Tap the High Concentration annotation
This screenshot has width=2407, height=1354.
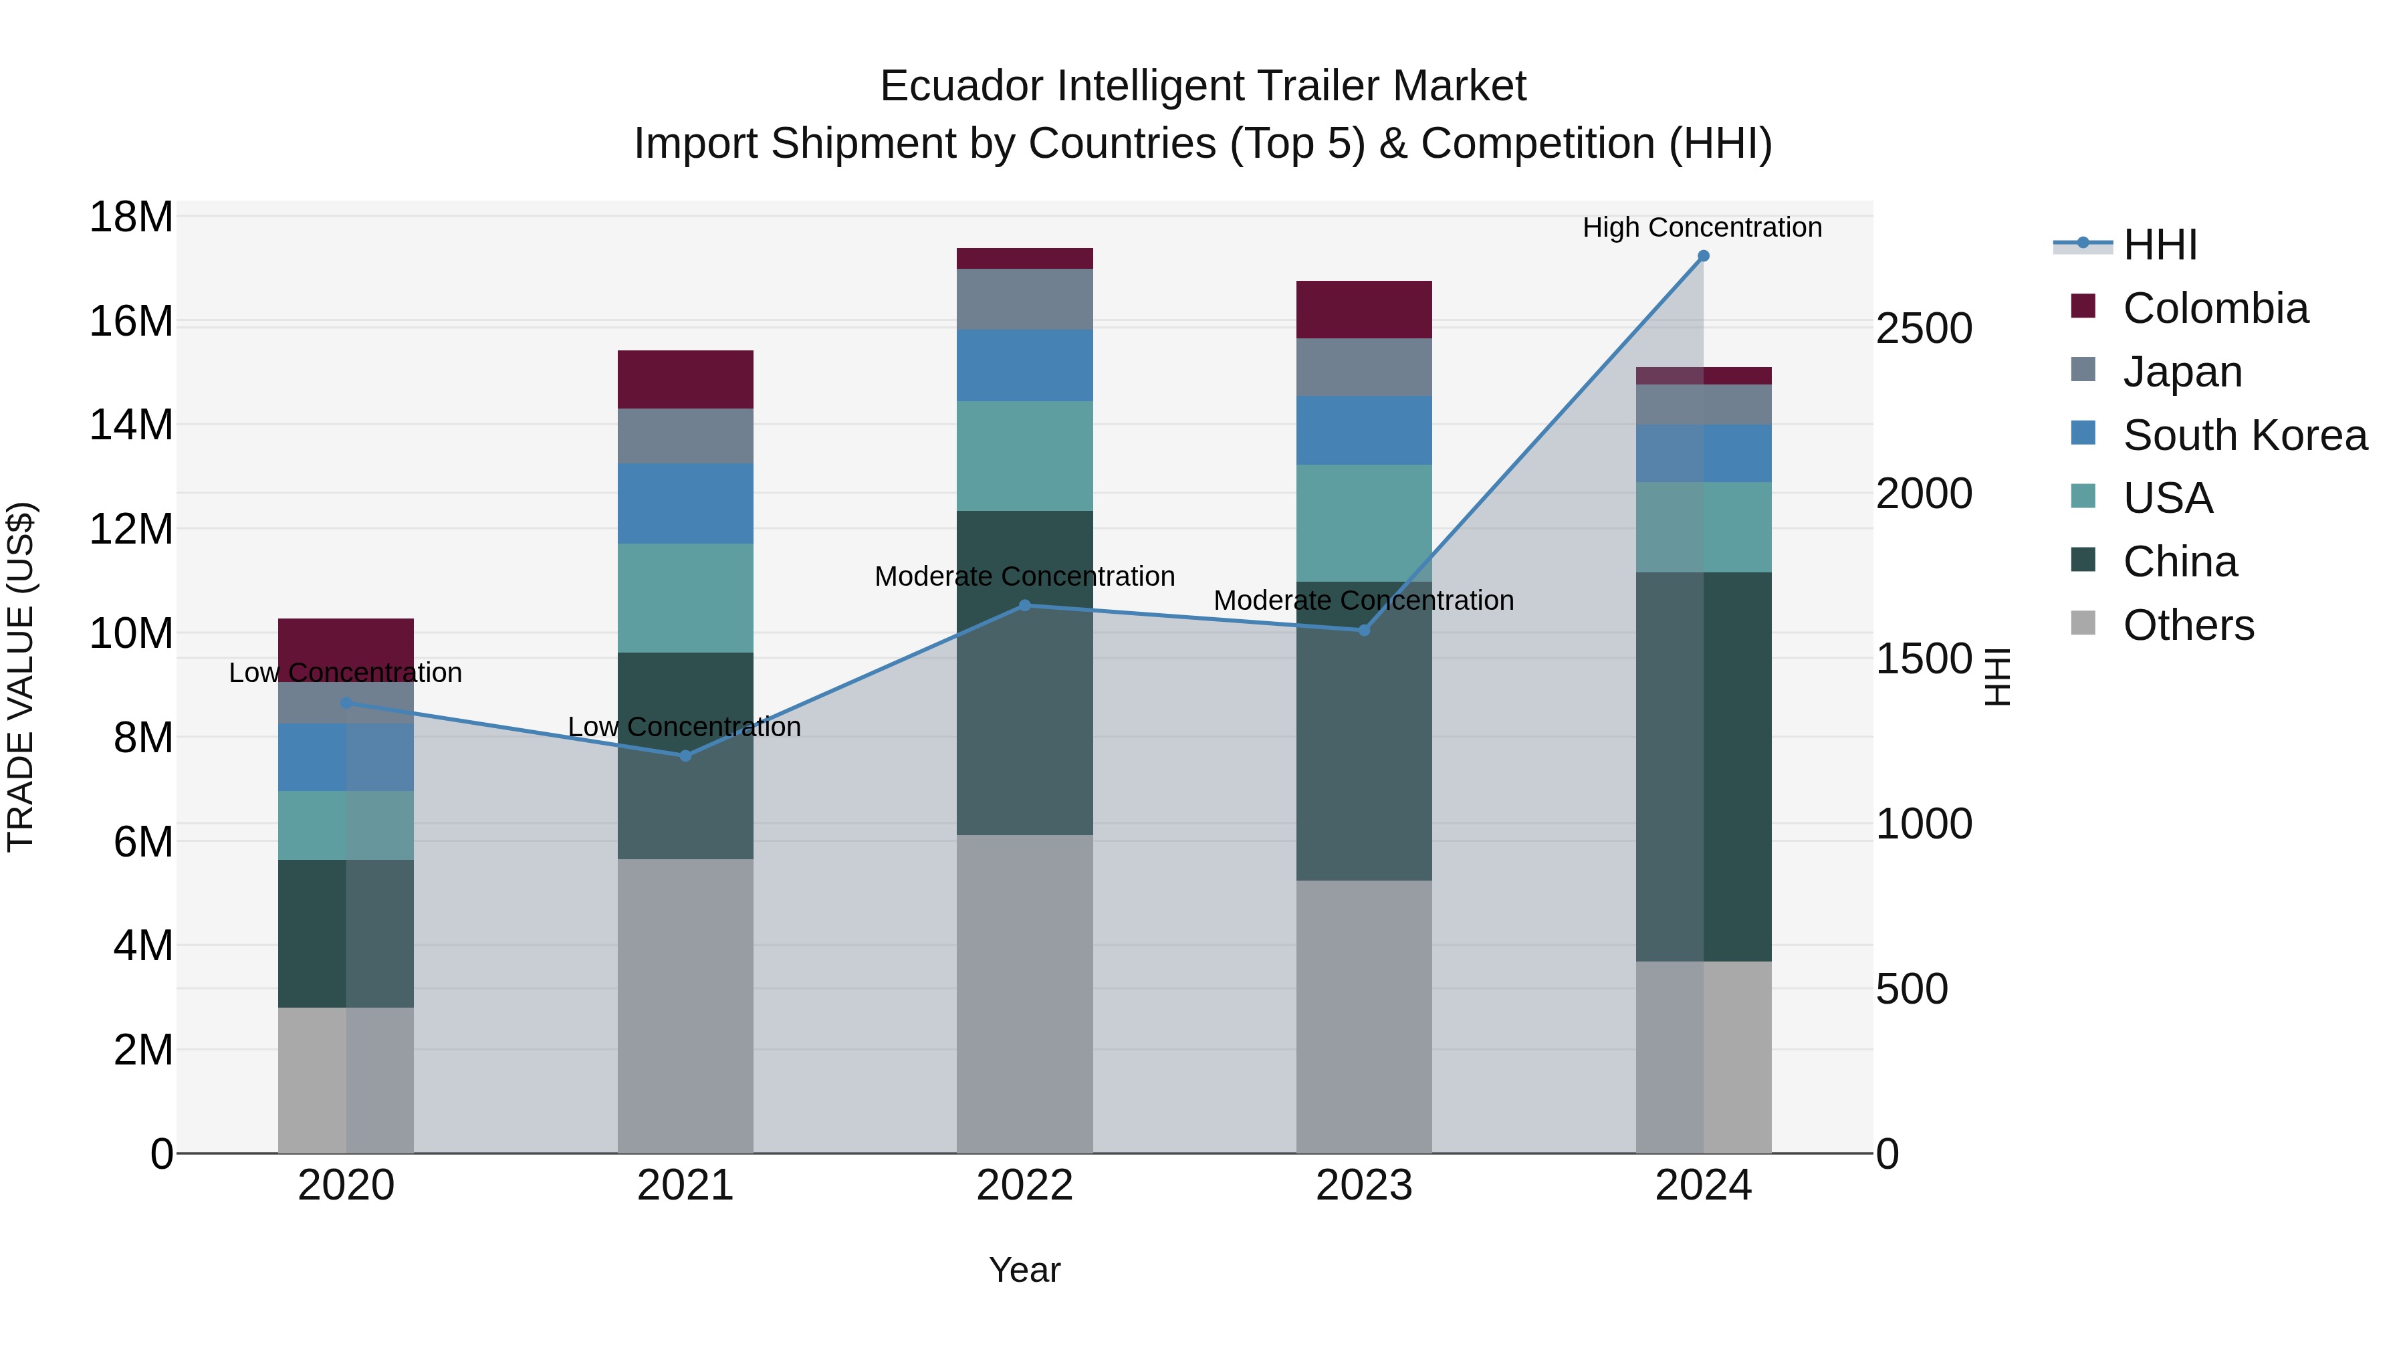pyautogui.click(x=1702, y=227)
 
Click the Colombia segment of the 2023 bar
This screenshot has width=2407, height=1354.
pyautogui.click(x=1363, y=310)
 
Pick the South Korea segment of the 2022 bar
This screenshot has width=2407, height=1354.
pyautogui.click(x=1024, y=365)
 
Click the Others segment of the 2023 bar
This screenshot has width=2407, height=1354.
pyautogui.click(x=1363, y=1016)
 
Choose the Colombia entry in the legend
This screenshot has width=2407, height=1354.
pyautogui.click(x=2214, y=308)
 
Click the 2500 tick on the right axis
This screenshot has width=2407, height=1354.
pyautogui.click(x=1924, y=329)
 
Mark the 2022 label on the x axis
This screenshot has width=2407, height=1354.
pyautogui.click(x=1024, y=1186)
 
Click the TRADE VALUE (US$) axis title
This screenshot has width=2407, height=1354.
pyautogui.click(x=21, y=677)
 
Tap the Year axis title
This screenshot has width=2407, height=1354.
pyautogui.click(x=1024, y=1270)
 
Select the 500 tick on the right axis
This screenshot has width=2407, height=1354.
pyautogui.click(x=1912, y=989)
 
